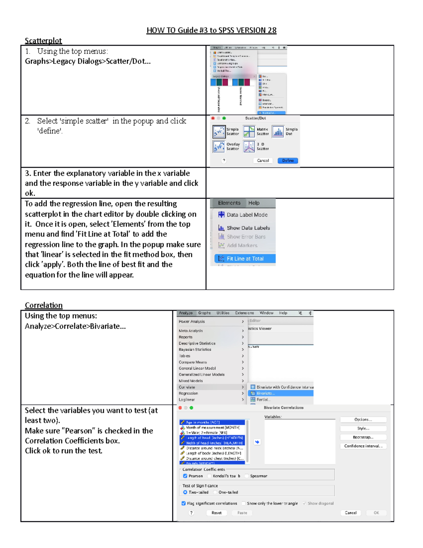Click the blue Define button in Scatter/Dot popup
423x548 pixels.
point(288,161)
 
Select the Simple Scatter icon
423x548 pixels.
point(219,132)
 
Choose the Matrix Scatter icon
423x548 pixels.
point(249,132)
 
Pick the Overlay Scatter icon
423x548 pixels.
point(219,146)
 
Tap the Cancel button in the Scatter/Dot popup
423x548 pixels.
point(263,161)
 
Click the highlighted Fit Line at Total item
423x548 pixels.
point(245,259)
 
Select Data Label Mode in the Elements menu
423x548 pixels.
point(247,215)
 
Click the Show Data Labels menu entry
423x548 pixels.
point(248,228)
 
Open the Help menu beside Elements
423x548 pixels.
point(253,203)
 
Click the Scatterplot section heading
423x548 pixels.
point(43,41)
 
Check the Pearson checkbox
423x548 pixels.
point(185,476)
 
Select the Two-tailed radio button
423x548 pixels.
point(185,492)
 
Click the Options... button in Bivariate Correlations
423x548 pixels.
point(363,420)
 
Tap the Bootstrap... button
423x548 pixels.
point(363,437)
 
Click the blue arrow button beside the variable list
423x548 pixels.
point(257,442)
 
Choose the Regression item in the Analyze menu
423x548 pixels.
point(188,393)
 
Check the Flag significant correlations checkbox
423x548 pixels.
point(184,504)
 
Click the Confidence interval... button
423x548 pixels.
point(363,446)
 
